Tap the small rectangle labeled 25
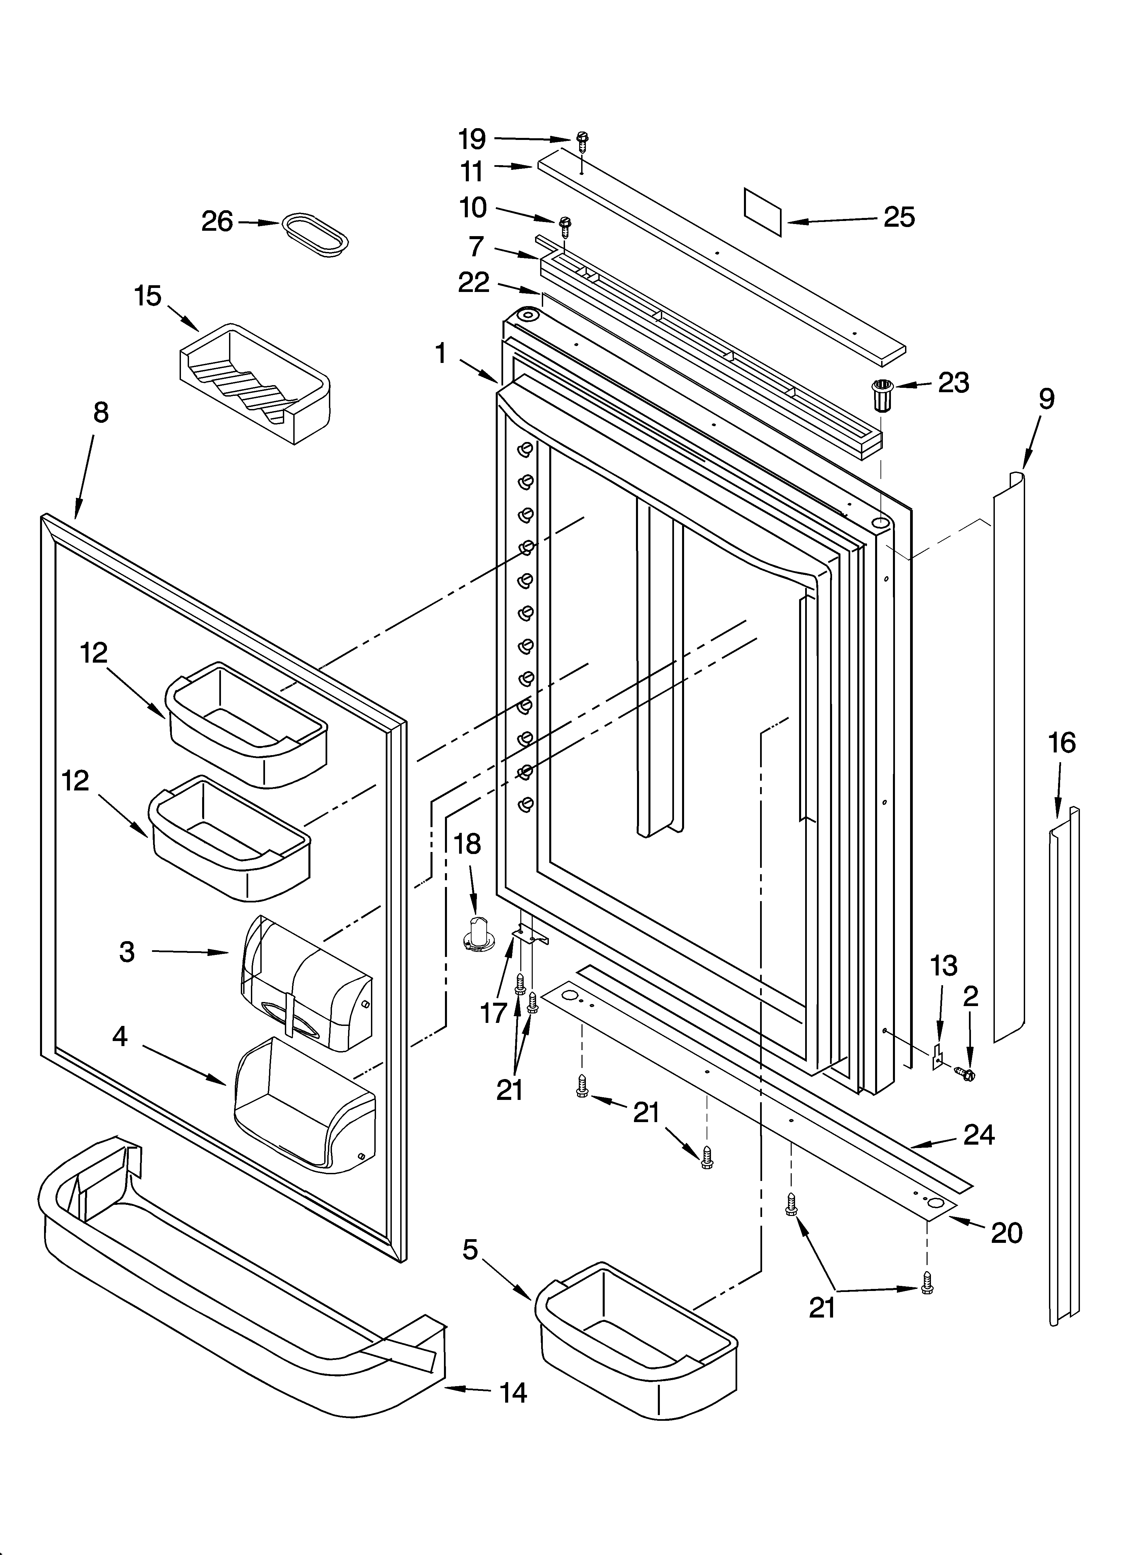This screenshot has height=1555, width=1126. [x=762, y=213]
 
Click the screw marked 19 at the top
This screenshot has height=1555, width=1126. [x=582, y=141]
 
